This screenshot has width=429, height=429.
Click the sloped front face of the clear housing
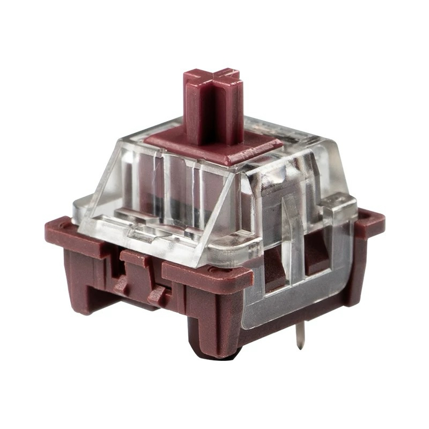coord(161,182)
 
